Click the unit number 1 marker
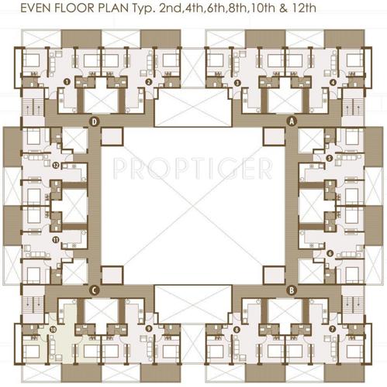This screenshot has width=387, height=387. (67, 80)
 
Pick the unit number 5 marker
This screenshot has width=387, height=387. (330, 159)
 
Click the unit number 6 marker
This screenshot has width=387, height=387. (330, 253)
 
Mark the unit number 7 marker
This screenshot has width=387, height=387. (332, 328)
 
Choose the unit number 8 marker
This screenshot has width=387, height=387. (237, 329)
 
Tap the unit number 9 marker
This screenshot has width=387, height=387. (147, 329)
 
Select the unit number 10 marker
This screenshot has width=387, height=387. (52, 329)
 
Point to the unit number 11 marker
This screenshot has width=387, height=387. (56, 240)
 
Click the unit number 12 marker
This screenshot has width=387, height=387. (56, 165)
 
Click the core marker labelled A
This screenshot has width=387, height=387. (292, 122)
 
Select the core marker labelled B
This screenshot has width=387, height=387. (292, 290)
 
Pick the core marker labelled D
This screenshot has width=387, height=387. (94, 122)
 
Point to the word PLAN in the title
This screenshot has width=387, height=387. (134, 10)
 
